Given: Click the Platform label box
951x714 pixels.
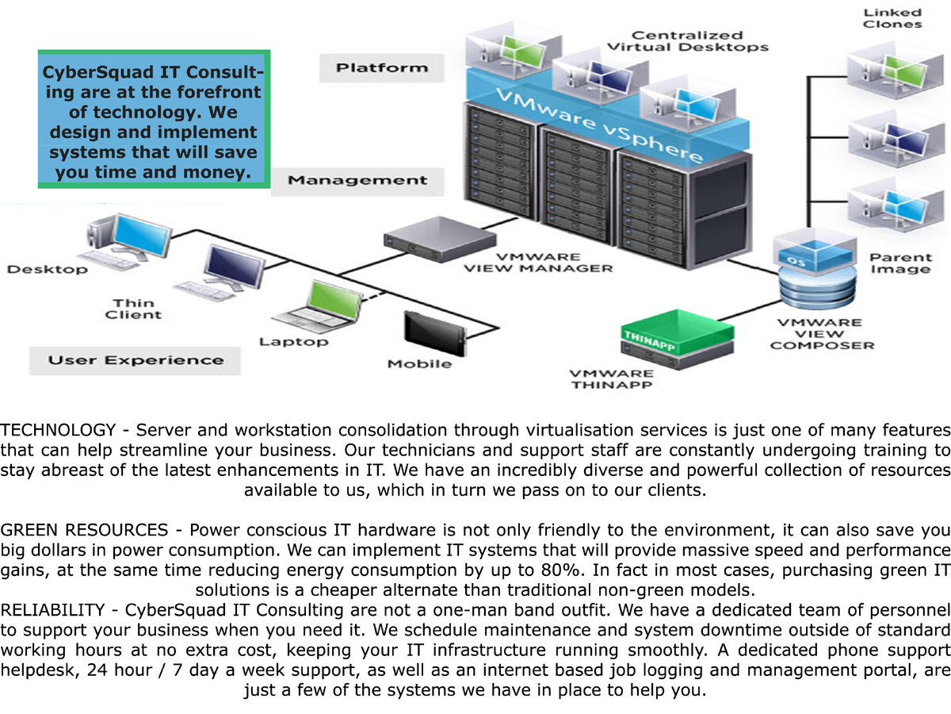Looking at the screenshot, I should click(x=381, y=68).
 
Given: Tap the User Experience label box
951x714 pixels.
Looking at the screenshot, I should click(x=136, y=361).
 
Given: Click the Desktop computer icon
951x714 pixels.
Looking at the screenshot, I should click(x=116, y=239).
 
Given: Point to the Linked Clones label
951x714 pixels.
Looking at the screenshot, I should click(x=892, y=18).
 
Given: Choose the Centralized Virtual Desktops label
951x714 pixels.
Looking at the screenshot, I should click(x=687, y=40).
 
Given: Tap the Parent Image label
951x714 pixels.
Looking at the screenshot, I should click(x=900, y=263).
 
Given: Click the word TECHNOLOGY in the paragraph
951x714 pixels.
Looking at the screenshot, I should click(x=58, y=431).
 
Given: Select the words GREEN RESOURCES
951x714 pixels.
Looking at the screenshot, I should click(x=84, y=530).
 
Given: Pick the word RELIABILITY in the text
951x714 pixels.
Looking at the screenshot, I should click(x=52, y=610).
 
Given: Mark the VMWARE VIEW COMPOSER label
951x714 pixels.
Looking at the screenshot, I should click(x=822, y=334).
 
